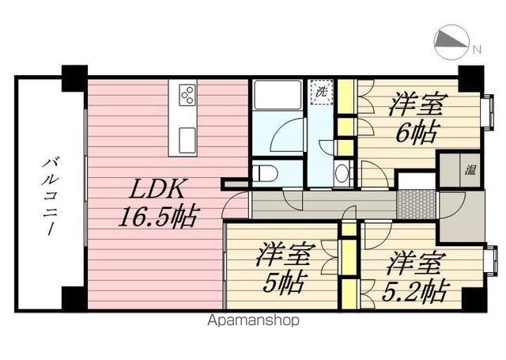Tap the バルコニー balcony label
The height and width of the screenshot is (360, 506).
(x=48, y=196)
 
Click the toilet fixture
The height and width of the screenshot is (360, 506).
(x=265, y=174)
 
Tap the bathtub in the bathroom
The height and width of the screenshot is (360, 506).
(x=278, y=95)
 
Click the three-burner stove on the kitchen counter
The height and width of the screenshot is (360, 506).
(x=187, y=95)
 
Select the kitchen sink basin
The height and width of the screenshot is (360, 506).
(x=187, y=140)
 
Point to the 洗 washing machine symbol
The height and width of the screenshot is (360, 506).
(x=322, y=92)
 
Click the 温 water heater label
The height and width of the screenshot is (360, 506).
(x=470, y=169)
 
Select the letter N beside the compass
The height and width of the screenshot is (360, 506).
(x=477, y=50)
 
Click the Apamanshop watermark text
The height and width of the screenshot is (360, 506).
(x=253, y=320)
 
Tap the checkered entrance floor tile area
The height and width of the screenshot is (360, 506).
(x=416, y=205)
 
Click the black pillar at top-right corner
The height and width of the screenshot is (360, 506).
(x=471, y=78)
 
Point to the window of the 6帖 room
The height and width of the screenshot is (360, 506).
(x=488, y=112)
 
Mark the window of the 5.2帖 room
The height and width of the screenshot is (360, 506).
(x=490, y=260)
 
